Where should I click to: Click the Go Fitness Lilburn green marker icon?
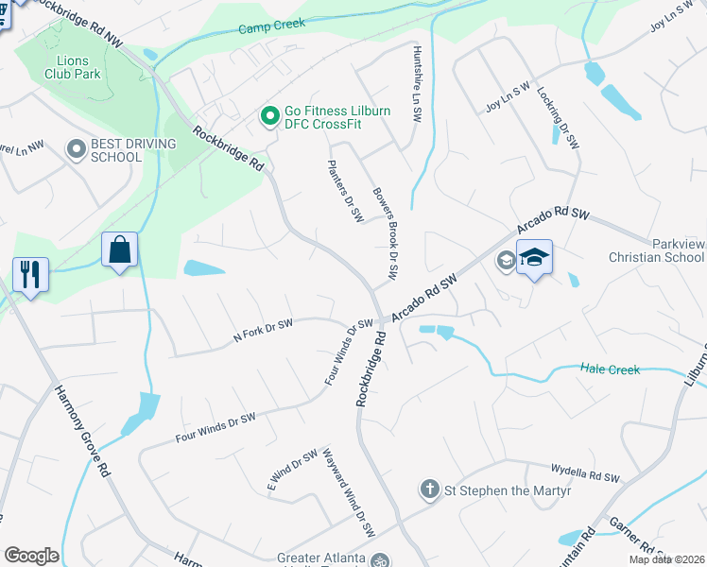[269, 117]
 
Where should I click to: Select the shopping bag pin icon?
[120, 251]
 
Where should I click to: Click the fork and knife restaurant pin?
[30, 275]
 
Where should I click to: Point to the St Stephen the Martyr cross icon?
[429, 490]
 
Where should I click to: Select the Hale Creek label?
[610, 369]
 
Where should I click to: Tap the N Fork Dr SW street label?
[263, 330]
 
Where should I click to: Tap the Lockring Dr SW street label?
[558, 118]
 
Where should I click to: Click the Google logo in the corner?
[31, 556]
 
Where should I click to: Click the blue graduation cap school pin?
[534, 259]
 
